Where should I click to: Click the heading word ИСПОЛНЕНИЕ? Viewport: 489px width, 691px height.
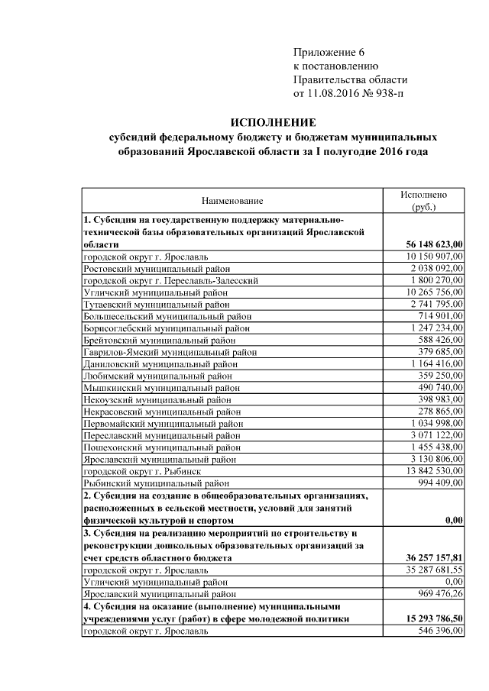point(274,123)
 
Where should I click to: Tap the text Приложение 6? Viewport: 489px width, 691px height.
point(329,53)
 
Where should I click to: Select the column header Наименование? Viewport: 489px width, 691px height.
point(232,201)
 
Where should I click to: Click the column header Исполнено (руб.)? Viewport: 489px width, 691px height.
point(423,201)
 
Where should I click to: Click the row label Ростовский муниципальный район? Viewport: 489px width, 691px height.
point(157,268)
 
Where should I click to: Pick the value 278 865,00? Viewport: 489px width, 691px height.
point(436,412)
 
